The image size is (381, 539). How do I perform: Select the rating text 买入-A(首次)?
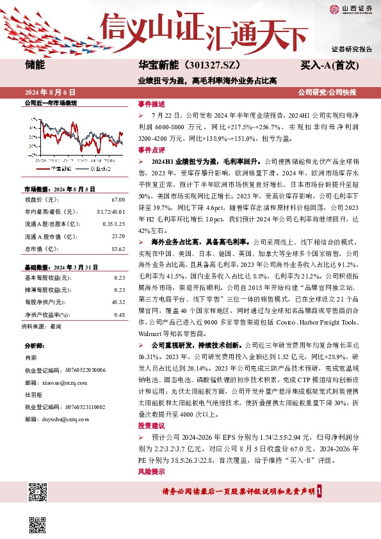[x=328, y=65]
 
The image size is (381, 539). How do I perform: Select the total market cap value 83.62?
[x=118, y=248]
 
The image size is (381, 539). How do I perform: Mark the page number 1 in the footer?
[x=319, y=491]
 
